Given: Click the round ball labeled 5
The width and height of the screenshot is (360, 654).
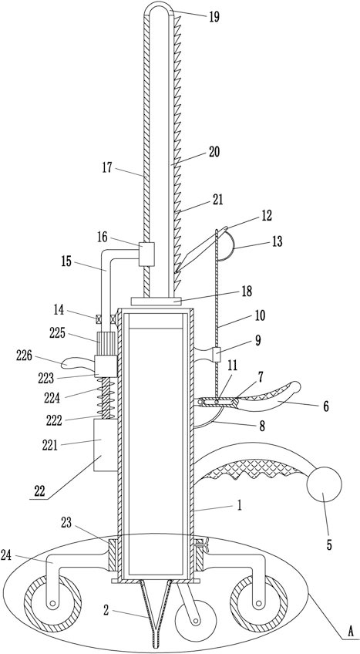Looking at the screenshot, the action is click(324, 485).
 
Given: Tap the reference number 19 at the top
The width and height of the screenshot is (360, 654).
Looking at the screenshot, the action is click(214, 18).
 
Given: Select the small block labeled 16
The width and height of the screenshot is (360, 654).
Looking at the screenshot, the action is click(146, 254).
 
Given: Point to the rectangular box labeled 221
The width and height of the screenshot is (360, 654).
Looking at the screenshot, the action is click(105, 446).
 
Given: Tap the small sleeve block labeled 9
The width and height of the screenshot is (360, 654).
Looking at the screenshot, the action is click(217, 355).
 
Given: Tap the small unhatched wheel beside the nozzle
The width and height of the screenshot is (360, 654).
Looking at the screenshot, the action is click(193, 620).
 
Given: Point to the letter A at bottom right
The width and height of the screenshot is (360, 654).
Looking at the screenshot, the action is click(351, 642).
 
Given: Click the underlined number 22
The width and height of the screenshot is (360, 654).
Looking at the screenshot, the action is click(39, 491).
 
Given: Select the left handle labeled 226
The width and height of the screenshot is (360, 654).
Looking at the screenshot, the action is click(78, 364).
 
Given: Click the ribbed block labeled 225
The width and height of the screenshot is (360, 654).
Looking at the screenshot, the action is click(106, 343).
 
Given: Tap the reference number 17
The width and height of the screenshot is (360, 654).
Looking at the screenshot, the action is click(107, 167).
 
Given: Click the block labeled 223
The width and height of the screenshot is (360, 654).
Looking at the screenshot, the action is click(106, 366).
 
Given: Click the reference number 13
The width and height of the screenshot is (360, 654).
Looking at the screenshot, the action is click(277, 241).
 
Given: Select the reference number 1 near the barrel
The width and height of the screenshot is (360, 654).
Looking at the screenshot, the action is click(239, 505).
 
